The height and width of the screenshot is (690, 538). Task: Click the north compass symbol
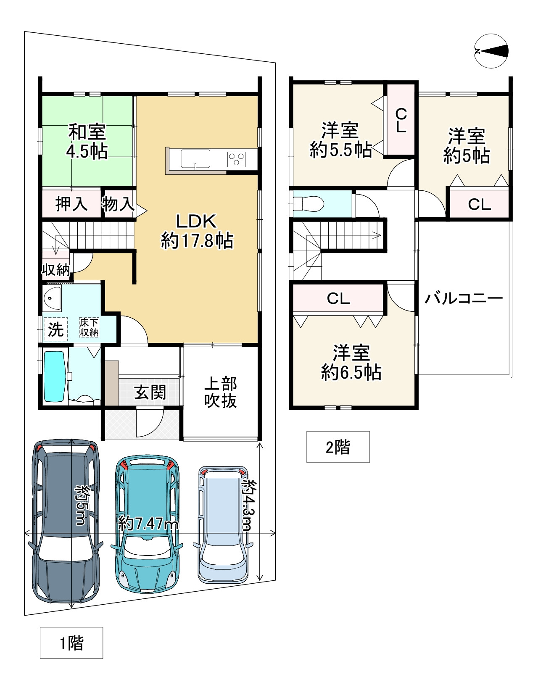[x=491, y=51]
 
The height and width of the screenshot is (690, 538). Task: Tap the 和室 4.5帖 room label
[x=87, y=142]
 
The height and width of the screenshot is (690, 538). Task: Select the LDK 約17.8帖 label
[x=197, y=231]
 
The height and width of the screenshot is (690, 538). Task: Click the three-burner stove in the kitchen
[x=236, y=159]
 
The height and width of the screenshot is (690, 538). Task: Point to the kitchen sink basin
[x=195, y=159]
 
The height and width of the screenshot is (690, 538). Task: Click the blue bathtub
[x=55, y=376]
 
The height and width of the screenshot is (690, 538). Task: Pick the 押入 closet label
[x=71, y=204]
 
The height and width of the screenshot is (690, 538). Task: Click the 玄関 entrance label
[x=150, y=392]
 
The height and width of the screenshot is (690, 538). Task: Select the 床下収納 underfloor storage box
[x=89, y=327]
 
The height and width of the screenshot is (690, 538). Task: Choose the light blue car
[x=223, y=524]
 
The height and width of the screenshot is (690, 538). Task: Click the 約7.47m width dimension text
[x=148, y=523]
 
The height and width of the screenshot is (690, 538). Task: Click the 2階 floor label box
[x=338, y=447]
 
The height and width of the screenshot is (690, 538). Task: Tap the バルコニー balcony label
[x=464, y=298]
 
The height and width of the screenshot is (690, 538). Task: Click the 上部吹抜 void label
[x=220, y=392]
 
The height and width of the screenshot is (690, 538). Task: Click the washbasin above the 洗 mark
[x=52, y=298]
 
